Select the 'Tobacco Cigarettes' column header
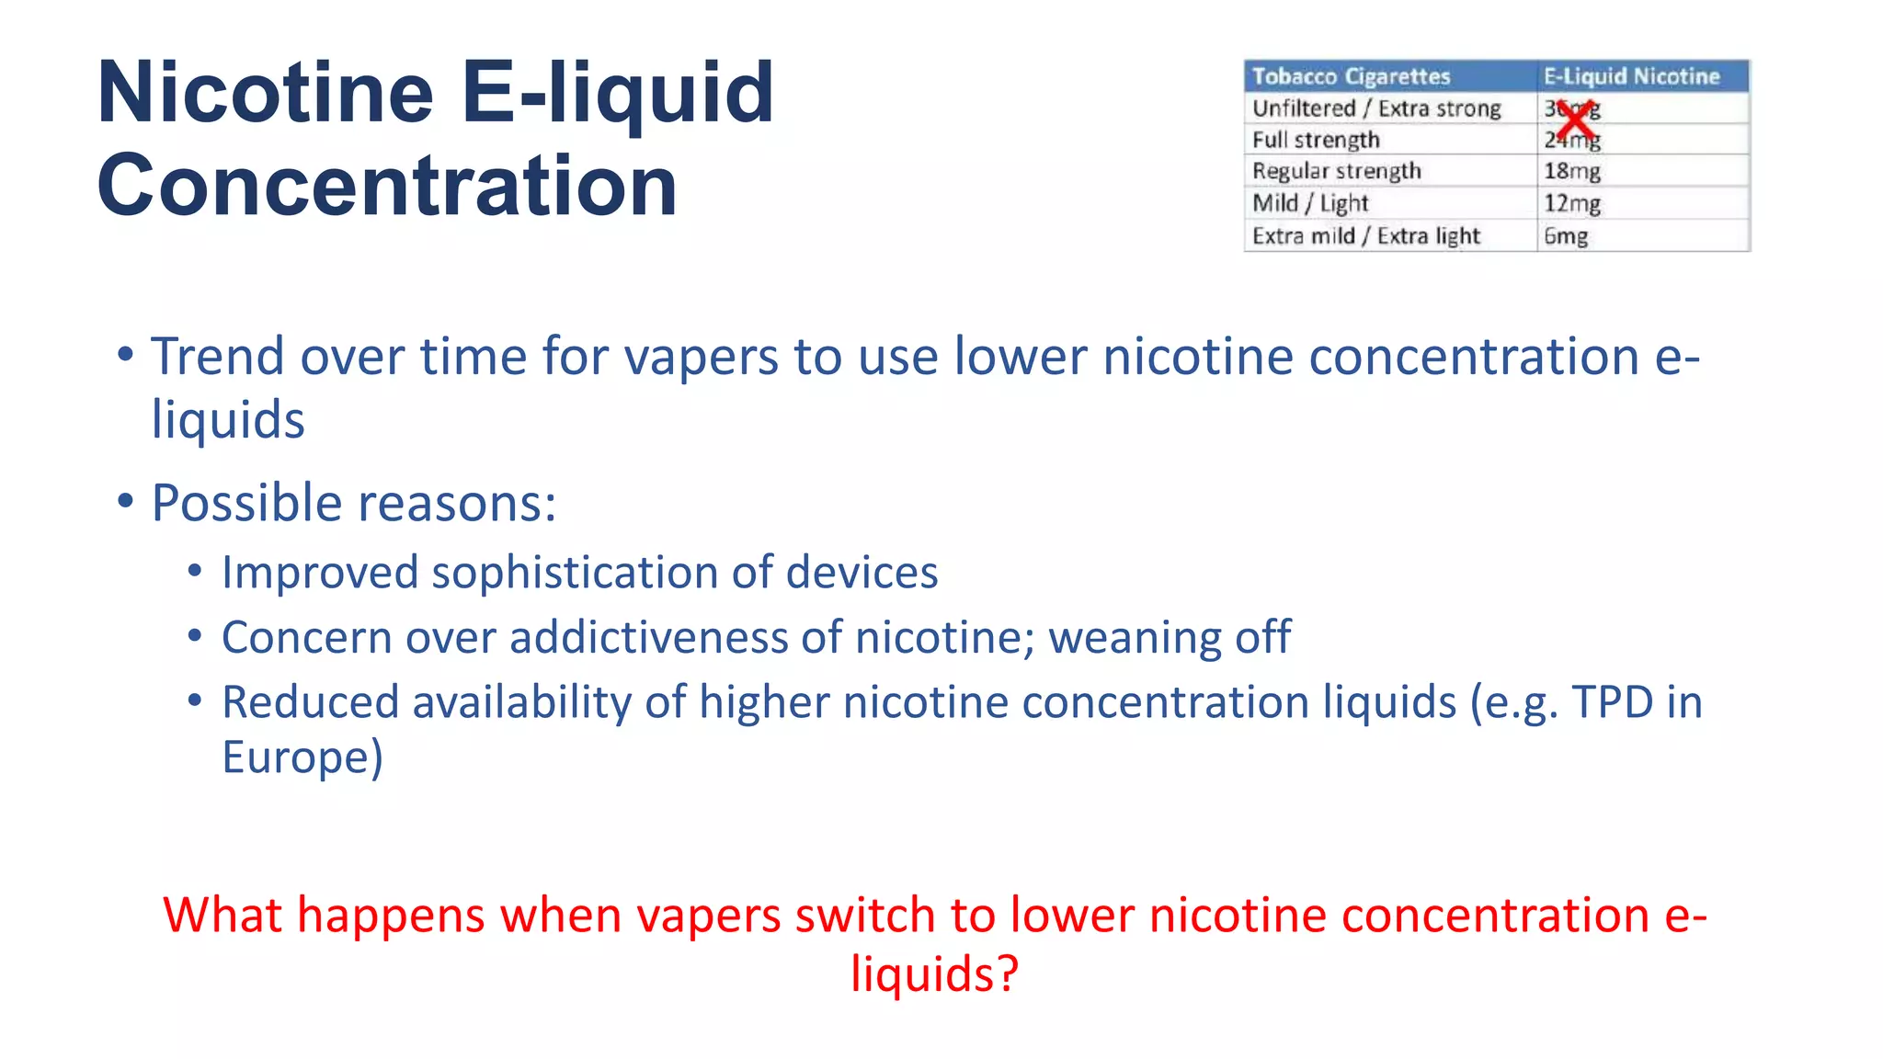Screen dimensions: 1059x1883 point(1351,76)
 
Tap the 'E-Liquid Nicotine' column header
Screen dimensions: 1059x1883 point(1631,76)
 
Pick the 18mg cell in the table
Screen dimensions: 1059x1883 point(1572,171)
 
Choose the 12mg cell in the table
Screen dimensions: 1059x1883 point(1572,203)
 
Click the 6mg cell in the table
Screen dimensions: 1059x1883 point(1566,236)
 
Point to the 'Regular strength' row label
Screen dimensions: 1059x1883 point(1336,171)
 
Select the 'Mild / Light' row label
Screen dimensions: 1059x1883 point(1310,203)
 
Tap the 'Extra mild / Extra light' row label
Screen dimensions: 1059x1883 point(1366,236)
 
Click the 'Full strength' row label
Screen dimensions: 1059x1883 point(1316,140)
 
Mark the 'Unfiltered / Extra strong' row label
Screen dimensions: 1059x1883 point(1376,108)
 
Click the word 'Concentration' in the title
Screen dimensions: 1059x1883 point(387,186)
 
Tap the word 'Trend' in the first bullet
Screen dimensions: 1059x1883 point(217,357)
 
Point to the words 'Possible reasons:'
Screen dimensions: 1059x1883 point(354,504)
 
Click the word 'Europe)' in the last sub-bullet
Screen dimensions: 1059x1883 point(302,757)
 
